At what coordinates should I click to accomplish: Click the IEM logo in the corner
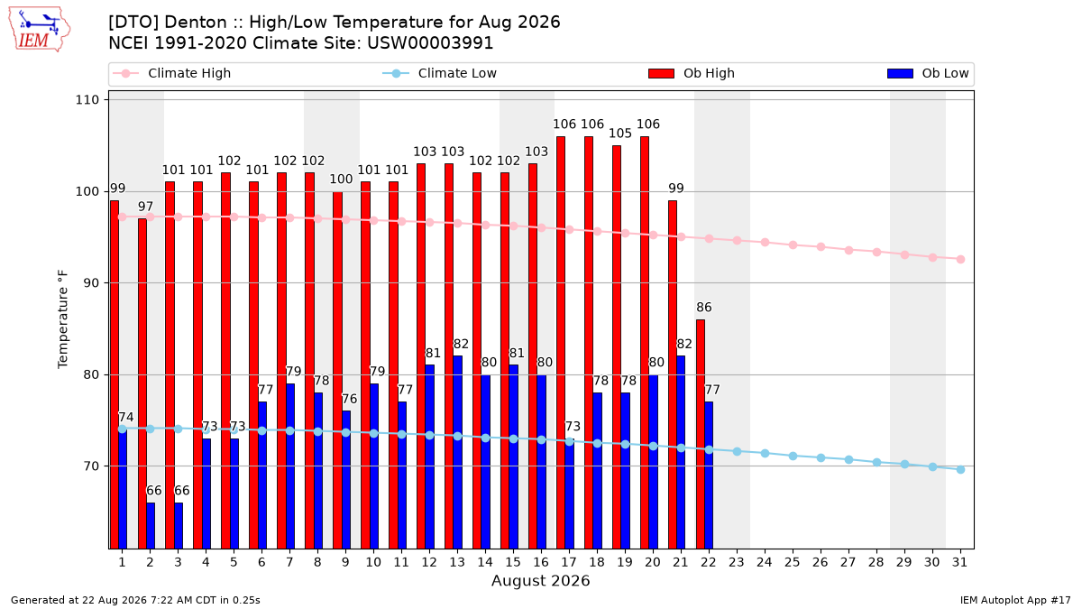(x=40, y=30)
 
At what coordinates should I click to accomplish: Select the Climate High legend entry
(x=171, y=73)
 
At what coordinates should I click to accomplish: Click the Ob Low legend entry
(x=928, y=73)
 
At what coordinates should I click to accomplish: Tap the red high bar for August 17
(x=561, y=342)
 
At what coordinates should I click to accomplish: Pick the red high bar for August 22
(x=701, y=434)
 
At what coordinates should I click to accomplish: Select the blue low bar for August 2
(x=151, y=525)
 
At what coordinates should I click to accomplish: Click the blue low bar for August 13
(x=457, y=452)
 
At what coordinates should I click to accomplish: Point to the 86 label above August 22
(x=704, y=308)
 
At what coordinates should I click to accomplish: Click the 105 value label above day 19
(x=620, y=134)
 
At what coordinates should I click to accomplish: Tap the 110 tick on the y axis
(x=87, y=100)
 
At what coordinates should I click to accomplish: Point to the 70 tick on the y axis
(x=91, y=466)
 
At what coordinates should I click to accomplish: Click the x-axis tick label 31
(x=959, y=562)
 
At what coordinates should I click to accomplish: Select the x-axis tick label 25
(x=793, y=562)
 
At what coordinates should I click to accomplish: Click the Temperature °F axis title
(x=63, y=319)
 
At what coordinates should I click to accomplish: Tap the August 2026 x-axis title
(x=540, y=580)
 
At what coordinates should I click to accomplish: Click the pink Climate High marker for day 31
(x=961, y=259)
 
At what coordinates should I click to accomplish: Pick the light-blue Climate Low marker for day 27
(x=848, y=459)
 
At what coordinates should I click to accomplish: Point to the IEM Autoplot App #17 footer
(x=1015, y=600)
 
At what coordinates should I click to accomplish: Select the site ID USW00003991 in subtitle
(x=430, y=43)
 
